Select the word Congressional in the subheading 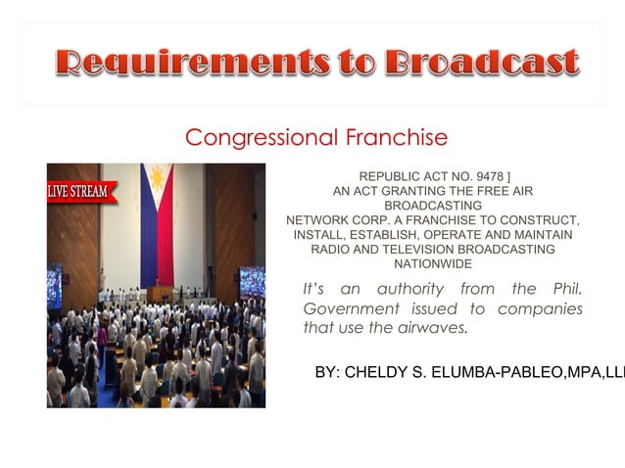click(260, 137)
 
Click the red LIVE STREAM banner click(80, 190)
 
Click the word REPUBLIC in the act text click(392, 176)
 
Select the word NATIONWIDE click(432, 264)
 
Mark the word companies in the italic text click(540, 309)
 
